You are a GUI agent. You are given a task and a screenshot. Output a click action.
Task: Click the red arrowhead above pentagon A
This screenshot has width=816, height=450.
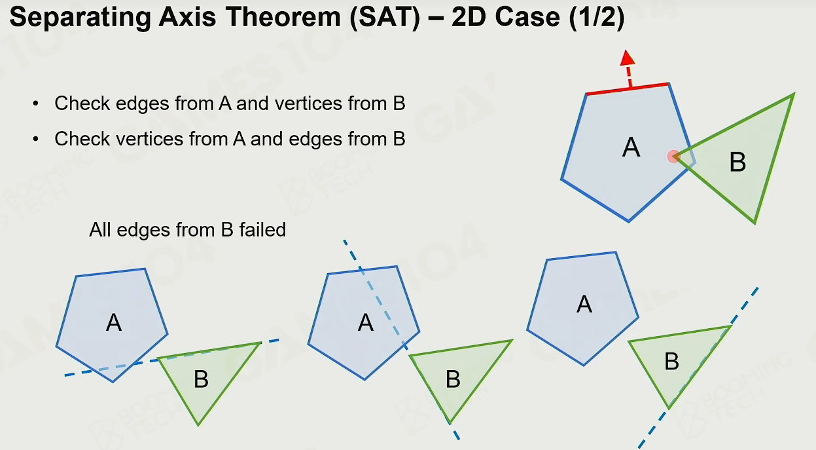[628, 58]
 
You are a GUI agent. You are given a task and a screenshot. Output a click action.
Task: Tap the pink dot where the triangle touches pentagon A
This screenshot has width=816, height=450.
[673, 157]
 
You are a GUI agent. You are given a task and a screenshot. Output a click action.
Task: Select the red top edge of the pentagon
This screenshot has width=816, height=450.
[628, 89]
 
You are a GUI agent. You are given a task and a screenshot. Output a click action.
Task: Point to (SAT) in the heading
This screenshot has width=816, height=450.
[385, 18]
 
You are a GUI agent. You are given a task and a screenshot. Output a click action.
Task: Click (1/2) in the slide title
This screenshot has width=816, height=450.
[596, 18]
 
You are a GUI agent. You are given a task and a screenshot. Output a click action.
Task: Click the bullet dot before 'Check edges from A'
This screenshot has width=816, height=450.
[35, 103]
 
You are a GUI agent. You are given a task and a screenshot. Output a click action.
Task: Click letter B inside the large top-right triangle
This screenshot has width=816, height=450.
[737, 162]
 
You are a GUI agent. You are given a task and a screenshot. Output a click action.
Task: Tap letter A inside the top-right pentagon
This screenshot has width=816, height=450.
[631, 147]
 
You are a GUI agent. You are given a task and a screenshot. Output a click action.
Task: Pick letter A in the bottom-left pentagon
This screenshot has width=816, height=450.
[114, 322]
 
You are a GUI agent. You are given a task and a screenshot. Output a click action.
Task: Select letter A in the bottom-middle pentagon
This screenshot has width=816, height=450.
[365, 322]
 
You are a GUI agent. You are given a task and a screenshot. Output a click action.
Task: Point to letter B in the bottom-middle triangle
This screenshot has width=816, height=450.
[453, 379]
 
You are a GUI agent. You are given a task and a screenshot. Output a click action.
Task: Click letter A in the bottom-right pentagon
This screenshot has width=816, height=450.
[584, 304]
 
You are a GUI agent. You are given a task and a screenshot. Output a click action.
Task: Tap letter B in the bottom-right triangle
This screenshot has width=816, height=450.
[672, 362]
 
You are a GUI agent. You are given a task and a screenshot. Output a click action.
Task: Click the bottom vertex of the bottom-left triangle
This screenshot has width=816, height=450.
[198, 425]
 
